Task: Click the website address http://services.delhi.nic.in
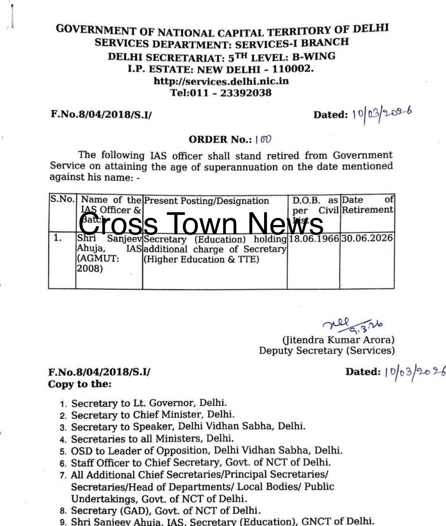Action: click(221, 81)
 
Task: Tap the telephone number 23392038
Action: click(246, 92)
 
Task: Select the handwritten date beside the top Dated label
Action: click(382, 113)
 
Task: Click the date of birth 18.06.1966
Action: click(314, 238)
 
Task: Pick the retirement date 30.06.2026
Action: click(366, 238)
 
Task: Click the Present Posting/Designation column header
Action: click(206, 201)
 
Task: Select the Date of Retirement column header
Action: click(367, 205)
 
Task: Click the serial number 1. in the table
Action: click(58, 238)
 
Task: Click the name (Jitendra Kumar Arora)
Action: click(338, 339)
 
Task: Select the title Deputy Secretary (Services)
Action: click(327, 350)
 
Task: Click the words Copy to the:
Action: click(80, 384)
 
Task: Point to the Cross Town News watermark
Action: click(201, 223)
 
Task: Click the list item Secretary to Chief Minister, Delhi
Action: click(152, 415)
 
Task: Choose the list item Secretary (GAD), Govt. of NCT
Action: click(166, 510)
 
